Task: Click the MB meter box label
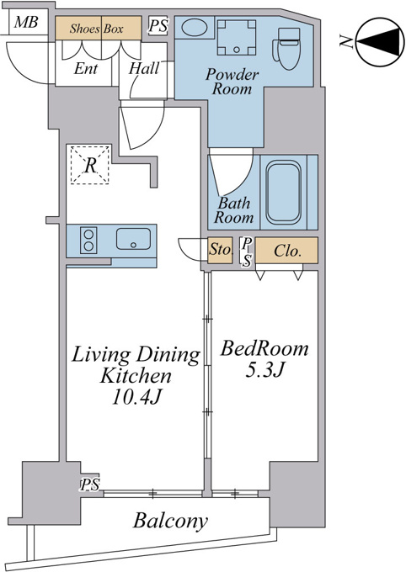pos(26,22)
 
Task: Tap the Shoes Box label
pos(96,29)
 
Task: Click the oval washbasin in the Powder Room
pos(195,28)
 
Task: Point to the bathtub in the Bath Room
pos(284,193)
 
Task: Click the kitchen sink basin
pos(133,239)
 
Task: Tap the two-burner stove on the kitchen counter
pos(88,240)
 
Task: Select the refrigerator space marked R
pos(90,165)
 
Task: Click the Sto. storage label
pos(221,251)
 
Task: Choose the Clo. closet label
pos(287,251)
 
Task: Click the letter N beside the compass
pos(345,41)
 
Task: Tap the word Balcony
pos(170,521)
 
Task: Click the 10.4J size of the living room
pos(136,397)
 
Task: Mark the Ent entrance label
pos(86,69)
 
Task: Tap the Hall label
pos(144,69)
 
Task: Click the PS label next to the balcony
pos(90,485)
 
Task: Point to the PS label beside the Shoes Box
pos(158,26)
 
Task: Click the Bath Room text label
pos(233,210)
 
